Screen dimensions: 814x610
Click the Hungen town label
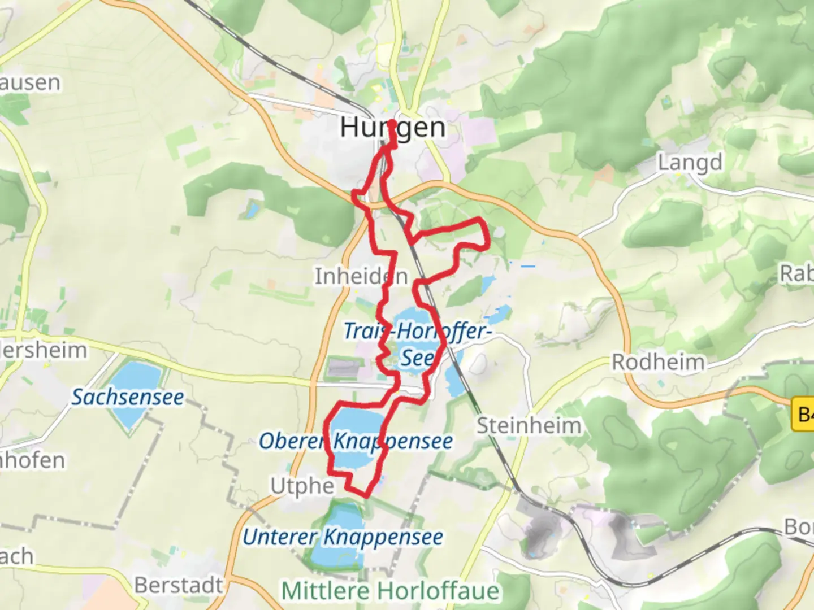(392, 128)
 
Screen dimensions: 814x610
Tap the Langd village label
(690, 163)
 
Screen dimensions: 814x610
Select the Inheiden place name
(361, 276)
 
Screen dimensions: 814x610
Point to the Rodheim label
(659, 362)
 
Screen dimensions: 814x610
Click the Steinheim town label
(529, 425)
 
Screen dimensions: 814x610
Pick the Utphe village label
(302, 486)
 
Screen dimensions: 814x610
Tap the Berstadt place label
(179, 585)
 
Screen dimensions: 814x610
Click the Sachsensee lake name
(128, 397)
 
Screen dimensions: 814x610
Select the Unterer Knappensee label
(343, 537)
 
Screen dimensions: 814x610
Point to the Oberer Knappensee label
(356, 441)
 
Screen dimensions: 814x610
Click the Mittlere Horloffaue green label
(390, 591)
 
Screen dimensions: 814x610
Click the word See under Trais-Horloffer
(418, 358)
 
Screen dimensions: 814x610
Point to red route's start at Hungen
(392, 124)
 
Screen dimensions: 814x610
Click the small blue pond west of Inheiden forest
(252, 210)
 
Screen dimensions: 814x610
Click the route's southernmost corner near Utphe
(366, 495)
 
